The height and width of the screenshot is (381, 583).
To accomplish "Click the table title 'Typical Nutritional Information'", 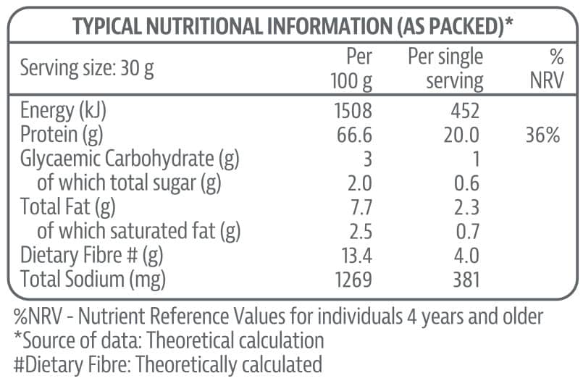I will pyautogui.click(x=293, y=27).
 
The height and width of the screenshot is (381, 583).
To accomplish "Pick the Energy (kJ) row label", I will pyautogui.click(x=68, y=111).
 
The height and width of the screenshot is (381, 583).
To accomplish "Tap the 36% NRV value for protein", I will pyautogui.click(x=543, y=135).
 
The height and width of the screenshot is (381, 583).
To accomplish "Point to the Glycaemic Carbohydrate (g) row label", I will pyautogui.click(x=130, y=159).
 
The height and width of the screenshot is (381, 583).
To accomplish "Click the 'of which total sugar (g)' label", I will pyautogui.click(x=129, y=183).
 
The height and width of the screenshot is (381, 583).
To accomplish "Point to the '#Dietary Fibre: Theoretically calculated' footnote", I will pyautogui.click(x=167, y=363).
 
